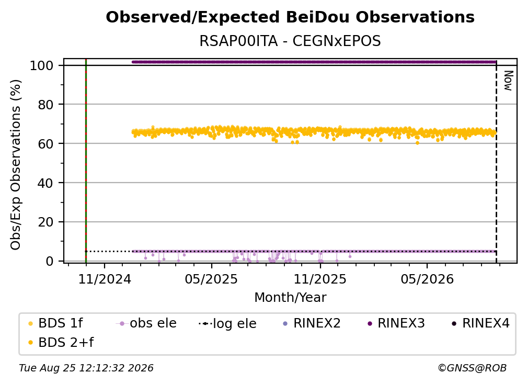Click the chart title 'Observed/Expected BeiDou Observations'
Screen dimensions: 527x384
coord(290,17)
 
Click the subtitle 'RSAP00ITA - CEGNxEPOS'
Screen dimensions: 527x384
coord(290,41)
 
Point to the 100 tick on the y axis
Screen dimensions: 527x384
coord(42,65)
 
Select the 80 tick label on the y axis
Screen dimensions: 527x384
coord(45,105)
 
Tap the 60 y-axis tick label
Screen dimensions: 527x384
coord(45,144)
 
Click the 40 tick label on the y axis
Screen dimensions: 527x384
coord(45,183)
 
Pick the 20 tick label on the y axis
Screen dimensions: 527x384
coord(45,222)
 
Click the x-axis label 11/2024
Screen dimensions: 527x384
coord(105,279)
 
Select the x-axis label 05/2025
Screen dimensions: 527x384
coord(211,279)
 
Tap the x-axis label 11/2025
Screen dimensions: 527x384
coord(320,279)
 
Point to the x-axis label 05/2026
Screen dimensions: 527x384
coord(427,279)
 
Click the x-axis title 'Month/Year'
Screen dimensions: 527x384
coord(290,298)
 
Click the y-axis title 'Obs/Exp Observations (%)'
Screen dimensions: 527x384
coord(16,165)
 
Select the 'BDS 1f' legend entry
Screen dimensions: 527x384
coord(55,323)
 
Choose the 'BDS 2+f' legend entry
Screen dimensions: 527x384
coord(61,343)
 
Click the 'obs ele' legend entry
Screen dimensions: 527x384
coord(146,323)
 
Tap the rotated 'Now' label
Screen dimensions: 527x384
coord(508,81)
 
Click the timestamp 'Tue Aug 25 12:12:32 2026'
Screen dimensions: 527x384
coord(86,368)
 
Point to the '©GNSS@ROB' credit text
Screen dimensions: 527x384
coord(472,368)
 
